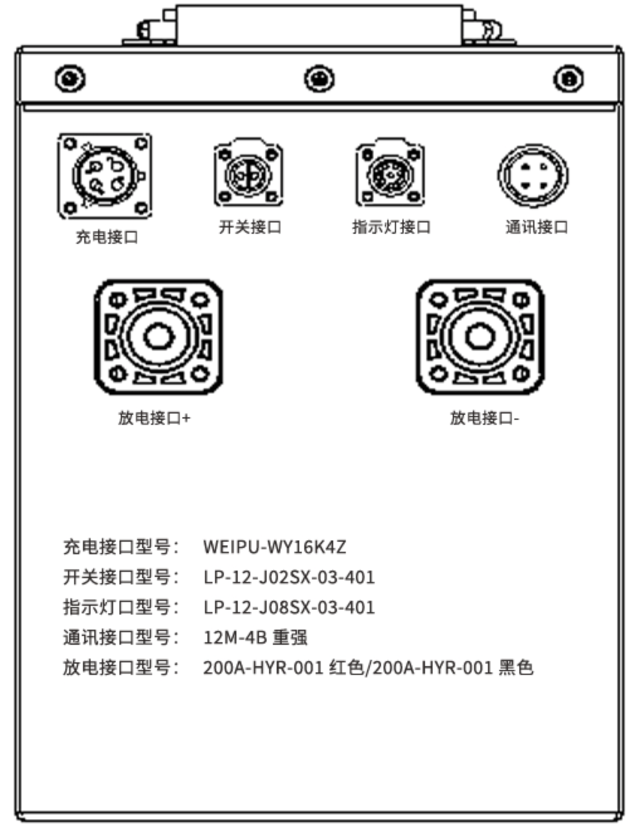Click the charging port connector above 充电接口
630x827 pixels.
pos(105,175)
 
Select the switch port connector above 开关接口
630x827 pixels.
pos(248,172)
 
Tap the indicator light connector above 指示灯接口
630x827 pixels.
pos(390,172)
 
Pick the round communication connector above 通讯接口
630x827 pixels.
pos(533,175)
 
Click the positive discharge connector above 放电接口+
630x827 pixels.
pos(158,337)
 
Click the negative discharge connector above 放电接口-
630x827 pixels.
pos(480,337)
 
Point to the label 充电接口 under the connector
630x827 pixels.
pos(107,238)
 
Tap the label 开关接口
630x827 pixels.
pos(250,227)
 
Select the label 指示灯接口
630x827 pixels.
pos(392,227)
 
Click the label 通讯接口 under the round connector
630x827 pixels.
pos(536,227)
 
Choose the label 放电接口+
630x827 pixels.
pos(155,418)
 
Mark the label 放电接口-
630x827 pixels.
pos(485,418)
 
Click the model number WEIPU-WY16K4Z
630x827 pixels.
pos(275,547)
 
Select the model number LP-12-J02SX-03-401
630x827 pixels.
pos(289,578)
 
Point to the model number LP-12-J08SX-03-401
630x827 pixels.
pos(289,607)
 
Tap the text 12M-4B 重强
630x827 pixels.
pos(255,637)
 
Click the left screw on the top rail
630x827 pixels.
pos(70,79)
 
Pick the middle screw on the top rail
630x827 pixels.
pos(319,79)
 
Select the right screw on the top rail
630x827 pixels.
pos(568,79)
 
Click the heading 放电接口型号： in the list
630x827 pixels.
pos(121,667)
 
